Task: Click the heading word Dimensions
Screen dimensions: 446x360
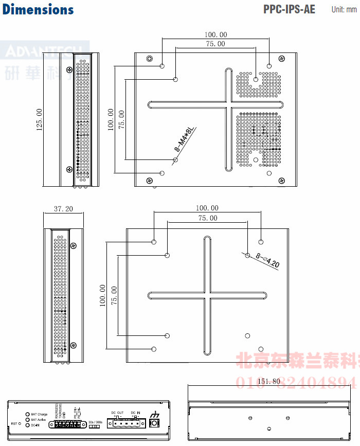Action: click(38, 9)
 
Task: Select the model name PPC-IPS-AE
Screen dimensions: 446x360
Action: click(290, 9)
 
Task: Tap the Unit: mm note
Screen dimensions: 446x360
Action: click(344, 10)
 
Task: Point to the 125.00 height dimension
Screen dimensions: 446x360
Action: click(39, 119)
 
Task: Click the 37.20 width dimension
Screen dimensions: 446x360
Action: click(63, 209)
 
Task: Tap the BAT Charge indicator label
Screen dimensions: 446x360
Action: click(39, 414)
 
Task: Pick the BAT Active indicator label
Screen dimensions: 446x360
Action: click(39, 420)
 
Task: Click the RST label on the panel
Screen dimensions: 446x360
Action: click(14, 424)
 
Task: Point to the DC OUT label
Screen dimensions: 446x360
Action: click(117, 413)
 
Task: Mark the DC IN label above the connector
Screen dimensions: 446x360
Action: click(135, 413)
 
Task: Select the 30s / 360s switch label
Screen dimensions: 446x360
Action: click(96, 422)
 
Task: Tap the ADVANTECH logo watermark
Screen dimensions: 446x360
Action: click(44, 51)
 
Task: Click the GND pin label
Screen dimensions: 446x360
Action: click(64, 414)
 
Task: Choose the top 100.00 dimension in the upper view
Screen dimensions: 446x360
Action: click(215, 35)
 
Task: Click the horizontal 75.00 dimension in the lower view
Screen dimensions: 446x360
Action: click(208, 218)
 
